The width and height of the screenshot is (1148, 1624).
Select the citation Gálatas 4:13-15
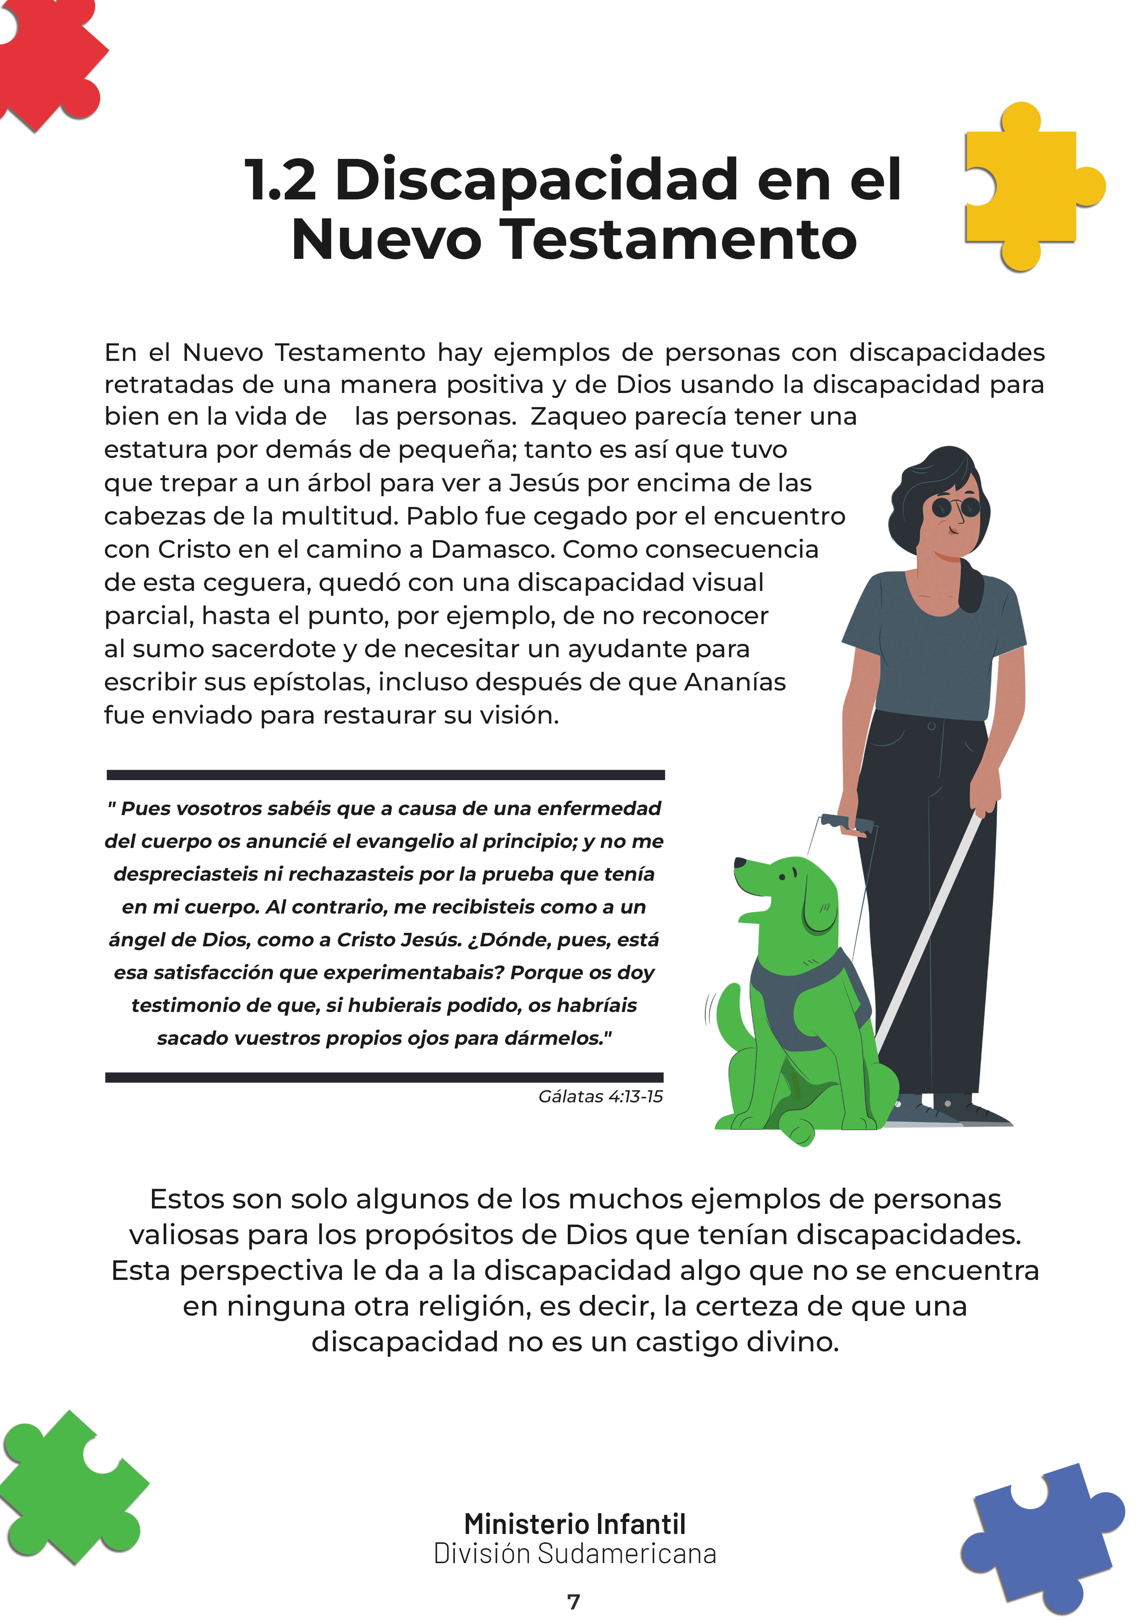pyautogui.click(x=601, y=1096)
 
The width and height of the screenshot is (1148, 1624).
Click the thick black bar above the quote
pyautogui.click(x=386, y=775)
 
